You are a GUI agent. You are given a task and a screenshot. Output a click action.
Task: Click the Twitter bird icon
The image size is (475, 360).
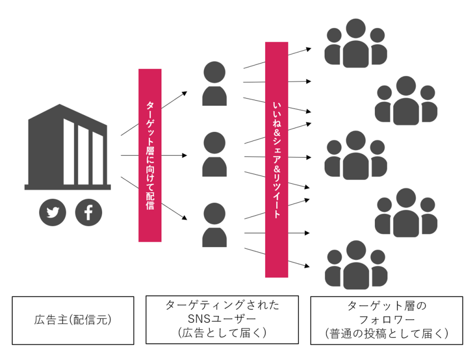53,212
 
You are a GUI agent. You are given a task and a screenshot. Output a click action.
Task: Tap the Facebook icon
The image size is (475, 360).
88,212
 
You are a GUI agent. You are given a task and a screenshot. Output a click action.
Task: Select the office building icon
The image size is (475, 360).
68,148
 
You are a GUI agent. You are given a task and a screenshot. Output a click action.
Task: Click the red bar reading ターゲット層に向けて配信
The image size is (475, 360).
150,155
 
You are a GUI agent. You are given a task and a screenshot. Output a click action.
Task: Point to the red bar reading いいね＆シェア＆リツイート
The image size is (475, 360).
276,160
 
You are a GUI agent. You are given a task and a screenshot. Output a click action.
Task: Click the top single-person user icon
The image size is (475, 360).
214,84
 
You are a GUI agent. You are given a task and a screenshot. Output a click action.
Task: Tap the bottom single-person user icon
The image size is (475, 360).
214,225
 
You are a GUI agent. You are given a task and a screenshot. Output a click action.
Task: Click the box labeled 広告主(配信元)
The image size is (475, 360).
73,321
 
